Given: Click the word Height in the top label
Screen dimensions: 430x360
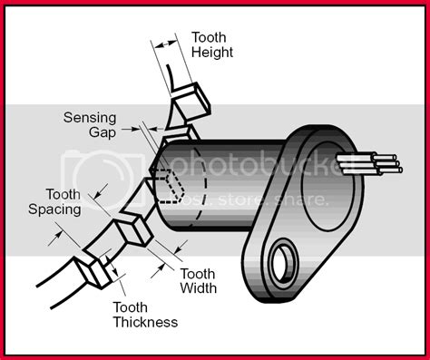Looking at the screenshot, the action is pos(212,53).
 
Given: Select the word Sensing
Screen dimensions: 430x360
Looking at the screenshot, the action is pos(90,118).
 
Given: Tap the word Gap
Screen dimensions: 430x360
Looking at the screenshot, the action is pos(103,132).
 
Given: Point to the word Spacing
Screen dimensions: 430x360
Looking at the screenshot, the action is pos(54,209).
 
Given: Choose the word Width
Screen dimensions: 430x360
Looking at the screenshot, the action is pos(199,287).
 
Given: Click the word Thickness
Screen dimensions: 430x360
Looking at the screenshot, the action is pos(145,322).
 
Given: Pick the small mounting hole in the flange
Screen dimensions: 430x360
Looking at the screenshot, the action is pos(282,262).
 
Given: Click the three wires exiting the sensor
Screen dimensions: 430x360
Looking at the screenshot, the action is pos(370,165).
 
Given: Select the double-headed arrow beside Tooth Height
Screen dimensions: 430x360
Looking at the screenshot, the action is pos(165,44).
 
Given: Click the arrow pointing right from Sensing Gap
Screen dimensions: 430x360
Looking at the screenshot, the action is pos(131,129).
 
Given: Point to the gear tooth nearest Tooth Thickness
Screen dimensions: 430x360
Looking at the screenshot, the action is pos(93,271).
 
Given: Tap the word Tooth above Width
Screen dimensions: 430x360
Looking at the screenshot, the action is pos(198,274).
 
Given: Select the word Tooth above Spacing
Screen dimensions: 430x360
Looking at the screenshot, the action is pos(64,194).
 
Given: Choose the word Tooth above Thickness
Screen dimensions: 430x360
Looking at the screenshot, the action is pos(131,307).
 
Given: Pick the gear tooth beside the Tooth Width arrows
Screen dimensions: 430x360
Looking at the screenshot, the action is pos(133,231).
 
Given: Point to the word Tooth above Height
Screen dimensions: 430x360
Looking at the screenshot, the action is pos(209,37).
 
